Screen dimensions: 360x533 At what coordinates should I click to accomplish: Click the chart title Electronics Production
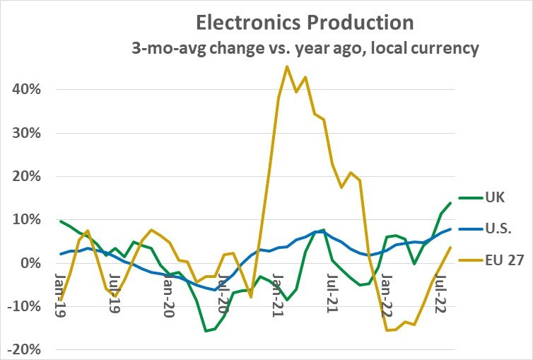pyautogui.click(x=304, y=22)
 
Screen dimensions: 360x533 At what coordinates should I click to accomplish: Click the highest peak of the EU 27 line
pyautogui.click(x=287, y=66)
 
